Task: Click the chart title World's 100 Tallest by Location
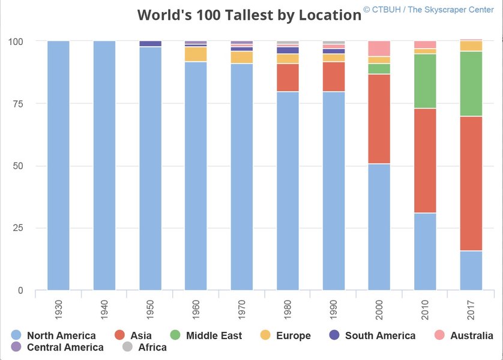(249, 15)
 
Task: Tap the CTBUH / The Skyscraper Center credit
(429, 10)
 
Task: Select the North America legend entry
(53, 335)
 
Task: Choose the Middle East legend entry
(208, 335)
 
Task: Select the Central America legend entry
(57, 347)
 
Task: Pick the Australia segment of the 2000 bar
(379, 49)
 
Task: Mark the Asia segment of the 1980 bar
(288, 77)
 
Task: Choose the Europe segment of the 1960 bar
(196, 54)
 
